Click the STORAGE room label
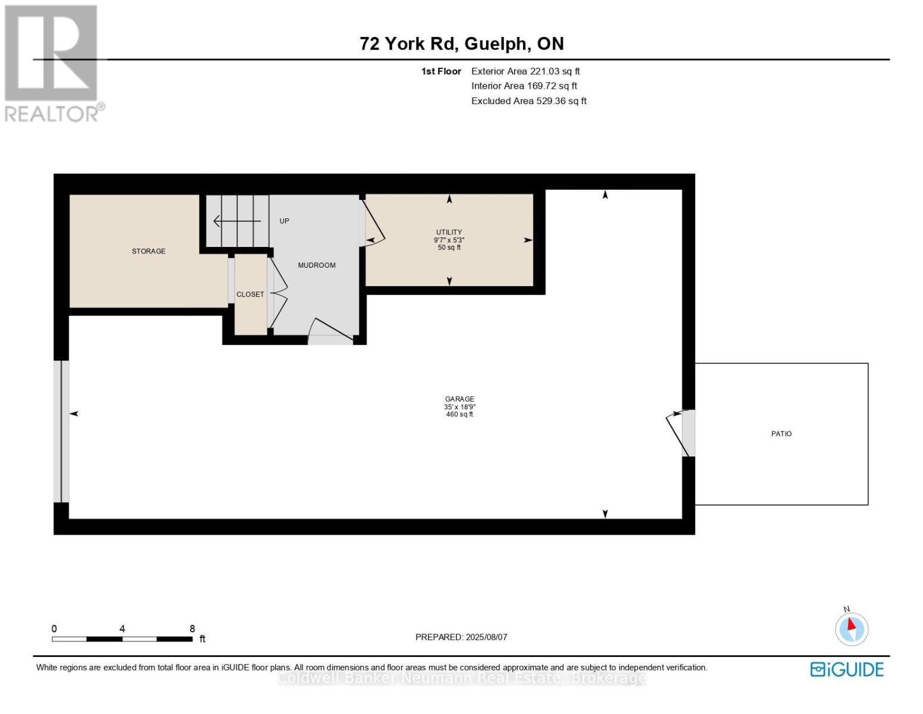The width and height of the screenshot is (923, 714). coord(149,251)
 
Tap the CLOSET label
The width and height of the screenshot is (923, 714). coord(250,295)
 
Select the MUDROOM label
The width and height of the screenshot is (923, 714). coord(317,265)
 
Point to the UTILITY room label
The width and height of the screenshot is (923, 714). coord(449,233)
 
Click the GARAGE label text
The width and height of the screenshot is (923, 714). coord(459,399)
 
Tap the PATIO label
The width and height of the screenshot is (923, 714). coord(781,434)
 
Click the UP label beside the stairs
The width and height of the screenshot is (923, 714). coord(284,221)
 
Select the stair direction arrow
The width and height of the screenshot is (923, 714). coord(237,221)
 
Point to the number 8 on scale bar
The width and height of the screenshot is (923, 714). coord(192,629)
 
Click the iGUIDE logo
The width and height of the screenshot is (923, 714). coord(846,669)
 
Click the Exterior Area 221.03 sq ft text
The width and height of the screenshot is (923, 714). coord(525,71)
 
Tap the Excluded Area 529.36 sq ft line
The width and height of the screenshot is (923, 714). coord(528,101)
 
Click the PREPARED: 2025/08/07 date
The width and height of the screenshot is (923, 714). coord(461,637)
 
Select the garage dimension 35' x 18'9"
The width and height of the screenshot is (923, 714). coord(459,407)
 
